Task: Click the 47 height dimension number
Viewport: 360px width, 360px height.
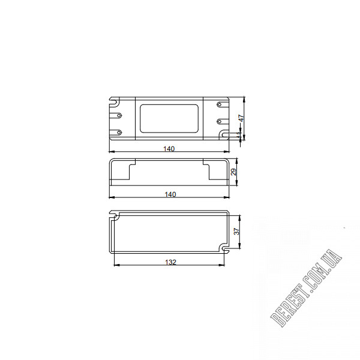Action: point(242,118)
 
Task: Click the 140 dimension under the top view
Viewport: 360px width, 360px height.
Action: point(169,149)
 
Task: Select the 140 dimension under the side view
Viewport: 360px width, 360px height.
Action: point(170,194)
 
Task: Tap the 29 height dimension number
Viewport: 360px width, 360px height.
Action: point(233,172)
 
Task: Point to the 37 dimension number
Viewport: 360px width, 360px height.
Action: point(236,231)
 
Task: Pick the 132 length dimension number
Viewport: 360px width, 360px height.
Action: point(170,262)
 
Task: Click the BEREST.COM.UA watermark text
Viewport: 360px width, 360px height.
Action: point(306,288)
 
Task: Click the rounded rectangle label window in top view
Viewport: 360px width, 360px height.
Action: point(169,118)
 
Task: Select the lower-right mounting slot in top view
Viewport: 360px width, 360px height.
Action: point(224,134)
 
